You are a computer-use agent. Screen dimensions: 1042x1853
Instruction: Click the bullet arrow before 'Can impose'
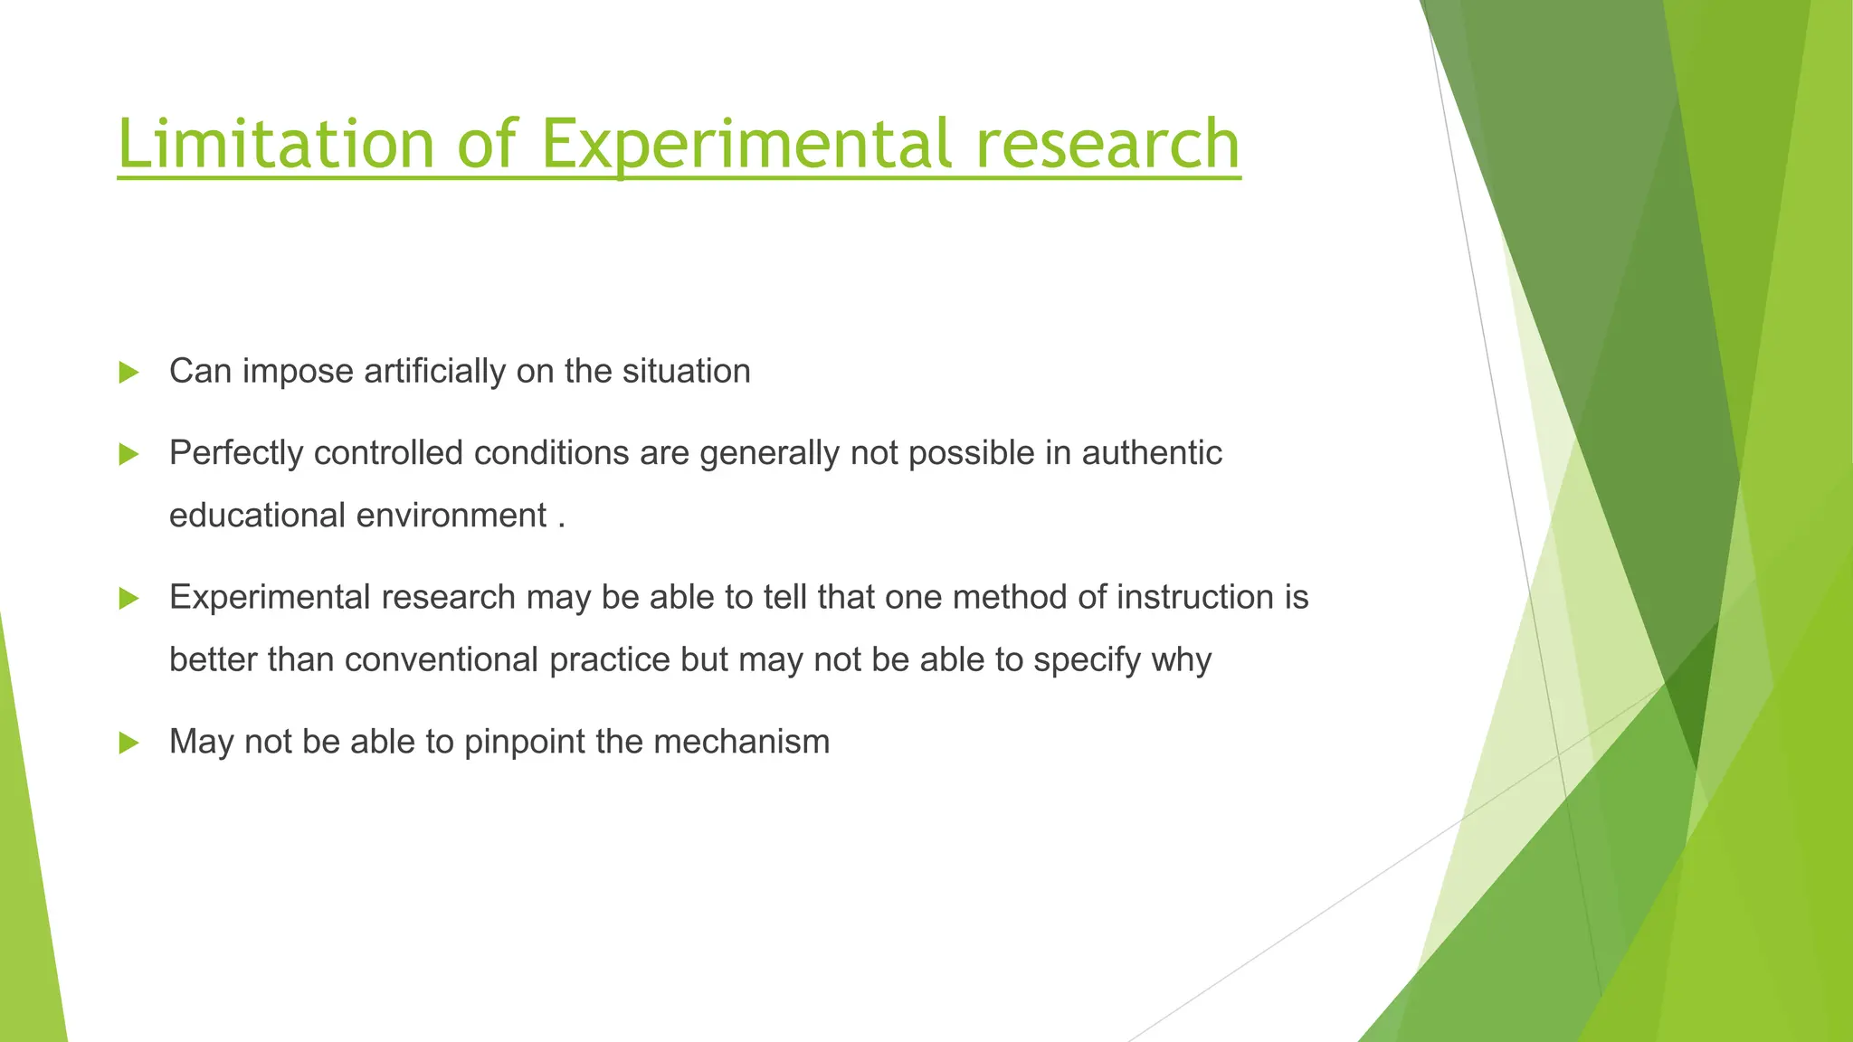(128, 372)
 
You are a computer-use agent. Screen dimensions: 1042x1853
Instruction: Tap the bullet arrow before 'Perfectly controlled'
(128, 454)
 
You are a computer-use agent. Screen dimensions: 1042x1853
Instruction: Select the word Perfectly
(236, 452)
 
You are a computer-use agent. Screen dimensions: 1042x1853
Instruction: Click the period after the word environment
(562, 526)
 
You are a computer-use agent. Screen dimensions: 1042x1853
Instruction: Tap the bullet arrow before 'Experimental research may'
(128, 598)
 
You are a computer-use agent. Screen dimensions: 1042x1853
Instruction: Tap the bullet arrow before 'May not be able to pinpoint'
(128, 743)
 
